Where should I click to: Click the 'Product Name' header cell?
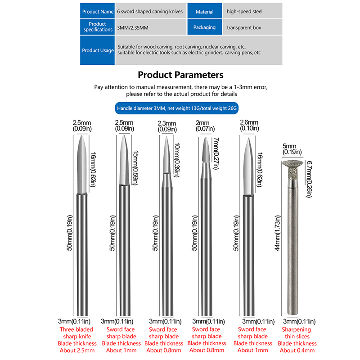[x=98, y=11]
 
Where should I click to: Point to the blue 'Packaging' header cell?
[x=204, y=27]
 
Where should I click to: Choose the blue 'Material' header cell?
[x=204, y=11]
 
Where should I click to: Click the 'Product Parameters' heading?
[x=180, y=75]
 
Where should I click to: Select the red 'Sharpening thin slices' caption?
[x=296, y=333]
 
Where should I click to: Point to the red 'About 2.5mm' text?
[x=78, y=351]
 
